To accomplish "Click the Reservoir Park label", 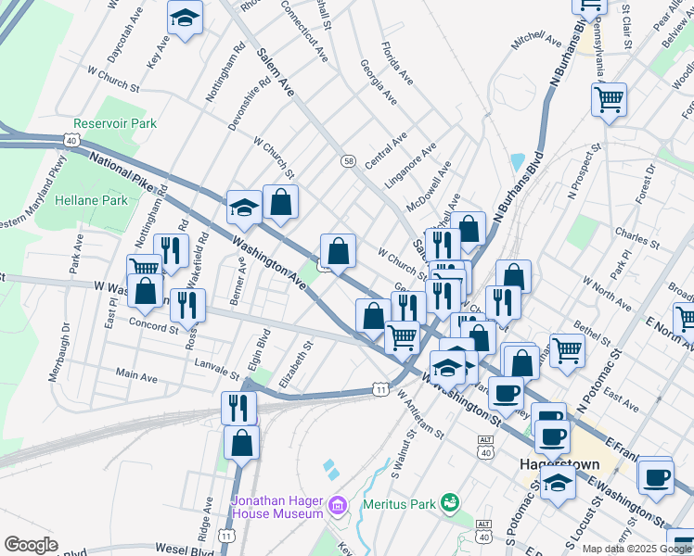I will [115, 123].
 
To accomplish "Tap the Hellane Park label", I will [90, 200].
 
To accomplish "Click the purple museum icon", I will [337, 506].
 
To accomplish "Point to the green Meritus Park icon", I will [451, 502].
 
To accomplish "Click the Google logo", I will [32, 544].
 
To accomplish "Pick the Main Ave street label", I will [135, 375].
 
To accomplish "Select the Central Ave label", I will [386, 150].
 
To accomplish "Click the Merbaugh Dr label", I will [65, 345].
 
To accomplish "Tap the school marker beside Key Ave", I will [186, 19].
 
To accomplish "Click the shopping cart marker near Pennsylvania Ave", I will [609, 98].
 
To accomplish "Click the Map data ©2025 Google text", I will [636, 549].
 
